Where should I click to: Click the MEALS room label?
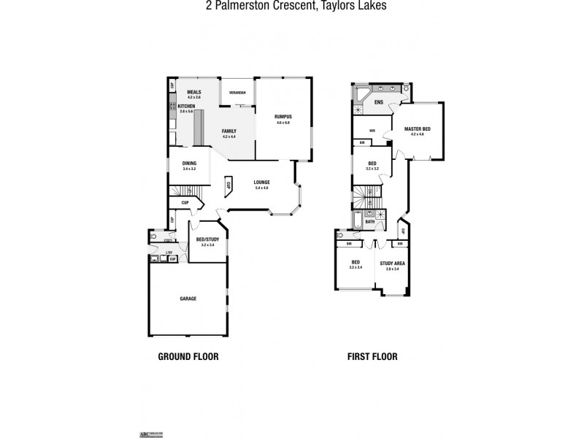193,92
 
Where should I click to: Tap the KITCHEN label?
186,106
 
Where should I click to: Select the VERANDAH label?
237,93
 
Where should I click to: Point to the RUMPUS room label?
283,116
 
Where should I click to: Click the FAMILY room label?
229,131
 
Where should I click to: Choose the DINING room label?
189,163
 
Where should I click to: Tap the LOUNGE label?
262,182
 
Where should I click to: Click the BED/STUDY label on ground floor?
207,239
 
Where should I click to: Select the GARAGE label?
188,298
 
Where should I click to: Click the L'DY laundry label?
169,253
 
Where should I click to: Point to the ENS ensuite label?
379,101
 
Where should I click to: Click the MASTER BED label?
417,128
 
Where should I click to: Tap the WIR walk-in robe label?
372,131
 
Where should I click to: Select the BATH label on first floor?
370,221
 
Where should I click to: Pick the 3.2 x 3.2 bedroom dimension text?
372,169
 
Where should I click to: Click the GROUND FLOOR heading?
188,357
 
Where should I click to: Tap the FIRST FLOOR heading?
372,357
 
